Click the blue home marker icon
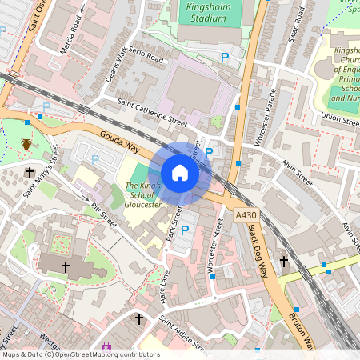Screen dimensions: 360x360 click(180, 173)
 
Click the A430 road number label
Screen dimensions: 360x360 click(246, 216)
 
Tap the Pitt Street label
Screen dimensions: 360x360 click(103, 215)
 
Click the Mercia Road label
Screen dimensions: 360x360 click(71, 40)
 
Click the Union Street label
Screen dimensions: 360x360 click(340, 118)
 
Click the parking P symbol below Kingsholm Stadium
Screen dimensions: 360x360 click(225, 58)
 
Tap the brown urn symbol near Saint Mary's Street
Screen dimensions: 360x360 click(26, 145)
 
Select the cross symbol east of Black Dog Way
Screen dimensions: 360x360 click(284, 261)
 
